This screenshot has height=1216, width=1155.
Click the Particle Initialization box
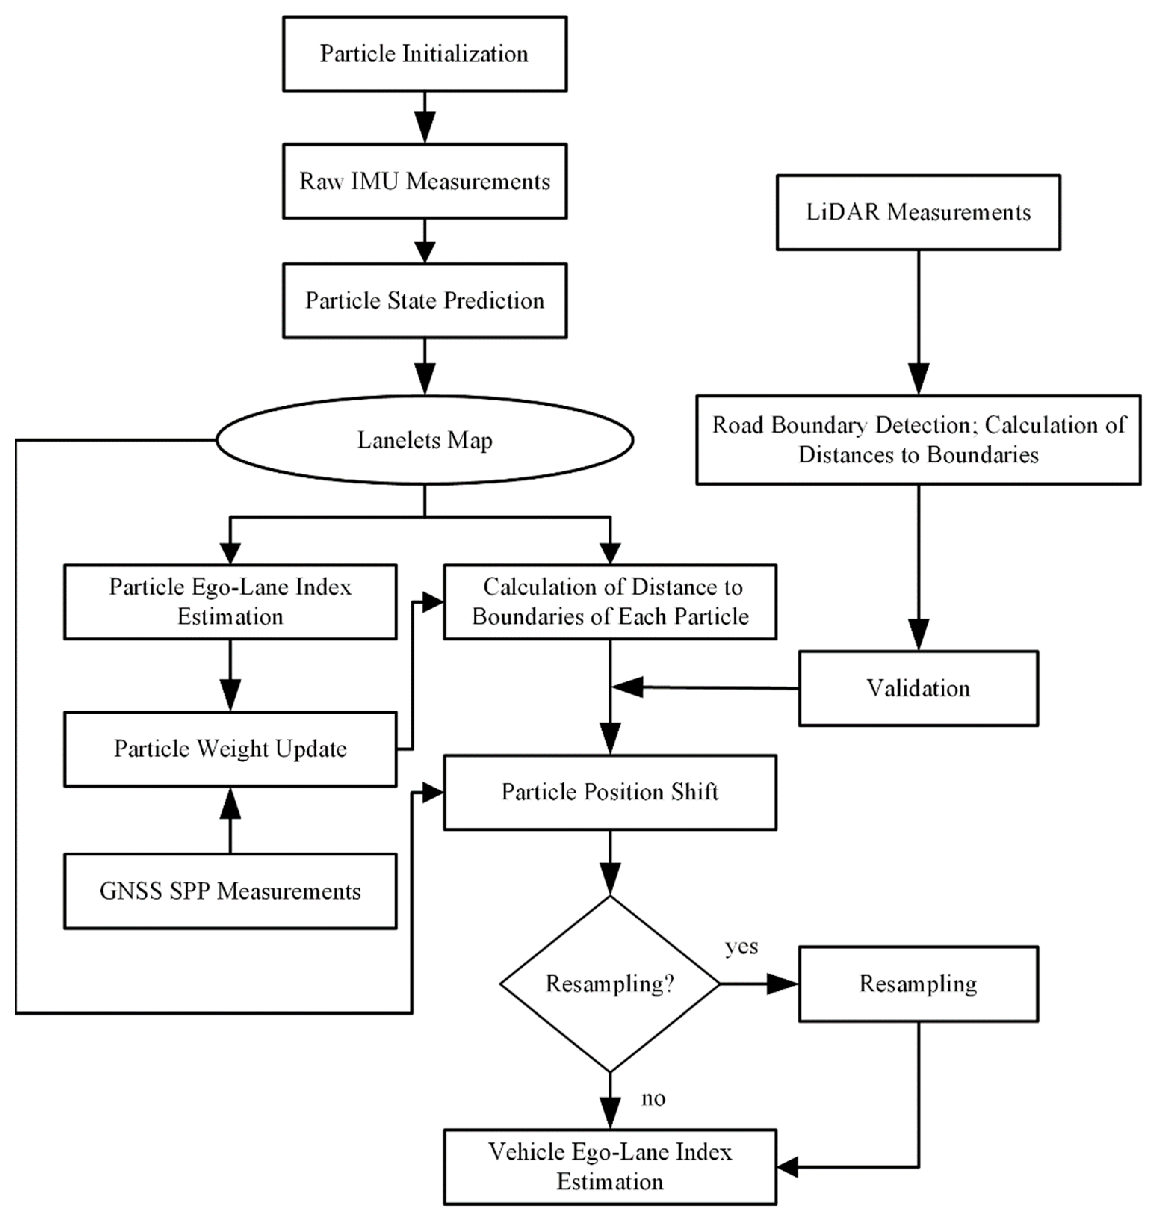click(x=424, y=54)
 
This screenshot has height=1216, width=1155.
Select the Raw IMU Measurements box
click(x=424, y=181)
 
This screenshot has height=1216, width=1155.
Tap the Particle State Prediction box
click(x=424, y=300)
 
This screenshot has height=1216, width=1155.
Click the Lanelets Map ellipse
click(x=424, y=440)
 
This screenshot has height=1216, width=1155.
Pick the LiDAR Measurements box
click(x=918, y=213)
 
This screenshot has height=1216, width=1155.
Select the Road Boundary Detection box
click(x=918, y=440)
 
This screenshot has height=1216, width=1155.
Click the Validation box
click(x=918, y=689)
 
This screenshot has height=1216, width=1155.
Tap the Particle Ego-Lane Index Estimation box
click(x=230, y=601)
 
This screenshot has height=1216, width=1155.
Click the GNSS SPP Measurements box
click(x=230, y=891)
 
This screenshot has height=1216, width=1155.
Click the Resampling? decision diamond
click(x=610, y=984)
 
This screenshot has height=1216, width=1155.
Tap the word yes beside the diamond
click(x=741, y=947)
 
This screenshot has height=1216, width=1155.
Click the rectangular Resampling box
click(x=918, y=984)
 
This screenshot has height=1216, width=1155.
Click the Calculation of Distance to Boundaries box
click(x=610, y=601)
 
